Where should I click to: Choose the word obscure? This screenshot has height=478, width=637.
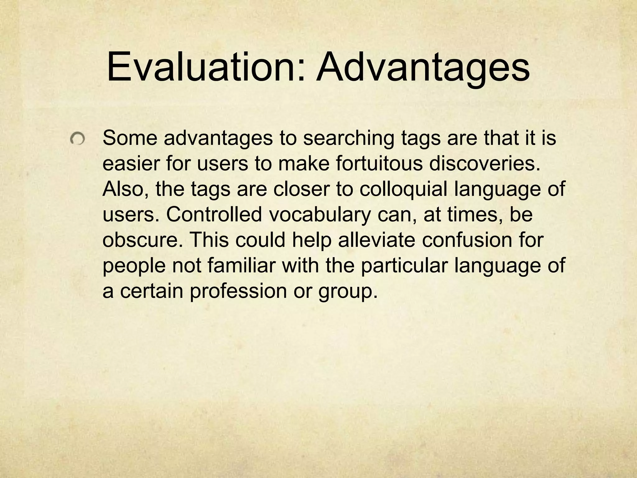[x=143, y=240]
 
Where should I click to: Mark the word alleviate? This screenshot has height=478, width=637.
[x=376, y=240]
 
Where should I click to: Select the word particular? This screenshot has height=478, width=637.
[x=404, y=265]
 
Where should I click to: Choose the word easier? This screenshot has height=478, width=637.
[x=131, y=164]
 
